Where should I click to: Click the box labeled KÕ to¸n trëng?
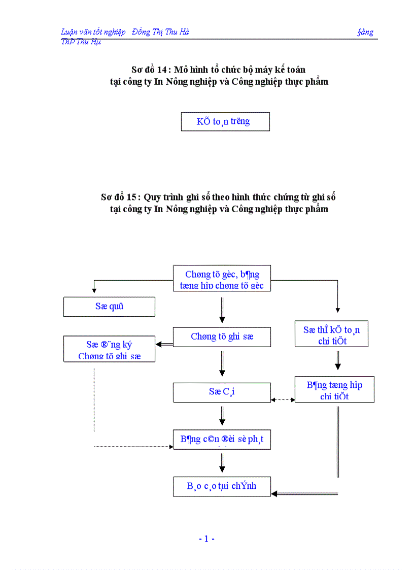[225, 122]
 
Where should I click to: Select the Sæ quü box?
[109, 307]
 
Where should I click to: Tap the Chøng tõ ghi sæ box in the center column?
[222, 337]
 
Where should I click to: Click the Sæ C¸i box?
[222, 392]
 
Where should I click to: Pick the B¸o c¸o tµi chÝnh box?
[222, 486]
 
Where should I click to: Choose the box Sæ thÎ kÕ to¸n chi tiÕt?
[331, 335]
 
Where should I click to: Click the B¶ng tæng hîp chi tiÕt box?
[334, 390]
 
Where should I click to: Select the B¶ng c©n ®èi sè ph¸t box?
[222, 440]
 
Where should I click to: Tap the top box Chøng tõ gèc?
[222, 279]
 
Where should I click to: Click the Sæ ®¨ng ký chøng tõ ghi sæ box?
[109, 349]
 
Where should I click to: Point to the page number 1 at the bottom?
[206, 539]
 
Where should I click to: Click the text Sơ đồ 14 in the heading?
[145, 70]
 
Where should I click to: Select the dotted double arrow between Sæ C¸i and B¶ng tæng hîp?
[283, 399]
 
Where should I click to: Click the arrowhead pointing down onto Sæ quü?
[94, 290]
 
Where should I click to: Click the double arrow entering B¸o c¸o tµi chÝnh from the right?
[304, 493]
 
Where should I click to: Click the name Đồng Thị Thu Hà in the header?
[160, 32]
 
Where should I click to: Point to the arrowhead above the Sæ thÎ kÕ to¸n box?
[338, 310]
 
